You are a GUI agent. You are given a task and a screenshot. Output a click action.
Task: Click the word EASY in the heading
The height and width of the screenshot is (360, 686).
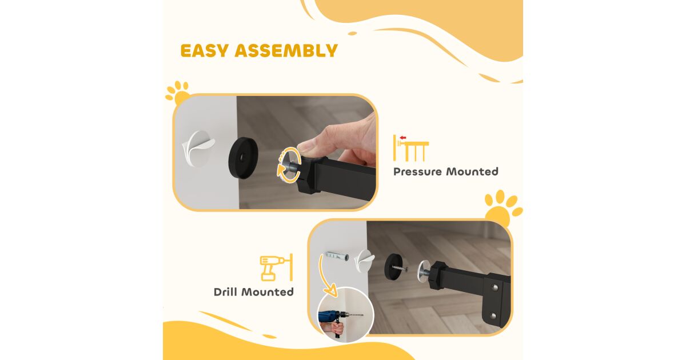[204, 50]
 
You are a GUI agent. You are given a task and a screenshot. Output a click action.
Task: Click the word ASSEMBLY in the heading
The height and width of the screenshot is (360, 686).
[286, 50]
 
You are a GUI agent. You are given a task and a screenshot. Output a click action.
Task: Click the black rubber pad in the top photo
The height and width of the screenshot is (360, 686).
[243, 158]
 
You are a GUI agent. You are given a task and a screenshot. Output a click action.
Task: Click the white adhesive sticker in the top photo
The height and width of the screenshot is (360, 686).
[198, 149]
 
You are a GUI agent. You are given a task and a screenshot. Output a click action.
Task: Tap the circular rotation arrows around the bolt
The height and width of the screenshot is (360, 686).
[289, 165]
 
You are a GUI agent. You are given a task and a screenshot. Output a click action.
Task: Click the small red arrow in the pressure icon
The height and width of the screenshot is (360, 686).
[402, 138]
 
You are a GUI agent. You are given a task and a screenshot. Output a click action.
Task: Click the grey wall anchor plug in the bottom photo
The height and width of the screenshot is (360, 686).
[336, 256]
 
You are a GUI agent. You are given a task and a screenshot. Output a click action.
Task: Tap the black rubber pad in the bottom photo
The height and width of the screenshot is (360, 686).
[393, 266]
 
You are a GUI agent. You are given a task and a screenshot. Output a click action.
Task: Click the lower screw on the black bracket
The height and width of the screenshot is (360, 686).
[493, 315]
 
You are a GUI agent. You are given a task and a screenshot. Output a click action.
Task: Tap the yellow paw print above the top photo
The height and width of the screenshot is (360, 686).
[178, 93]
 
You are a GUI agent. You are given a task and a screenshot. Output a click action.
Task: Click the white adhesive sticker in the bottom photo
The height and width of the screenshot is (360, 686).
[365, 261]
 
